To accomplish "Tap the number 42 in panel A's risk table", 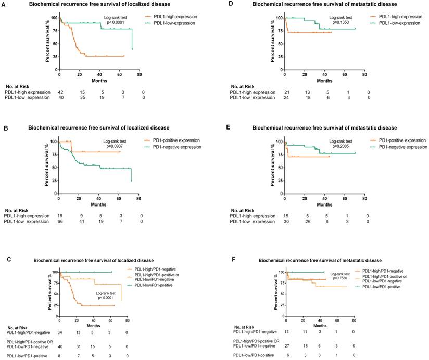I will [61, 92].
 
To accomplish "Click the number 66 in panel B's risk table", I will [61, 222].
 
